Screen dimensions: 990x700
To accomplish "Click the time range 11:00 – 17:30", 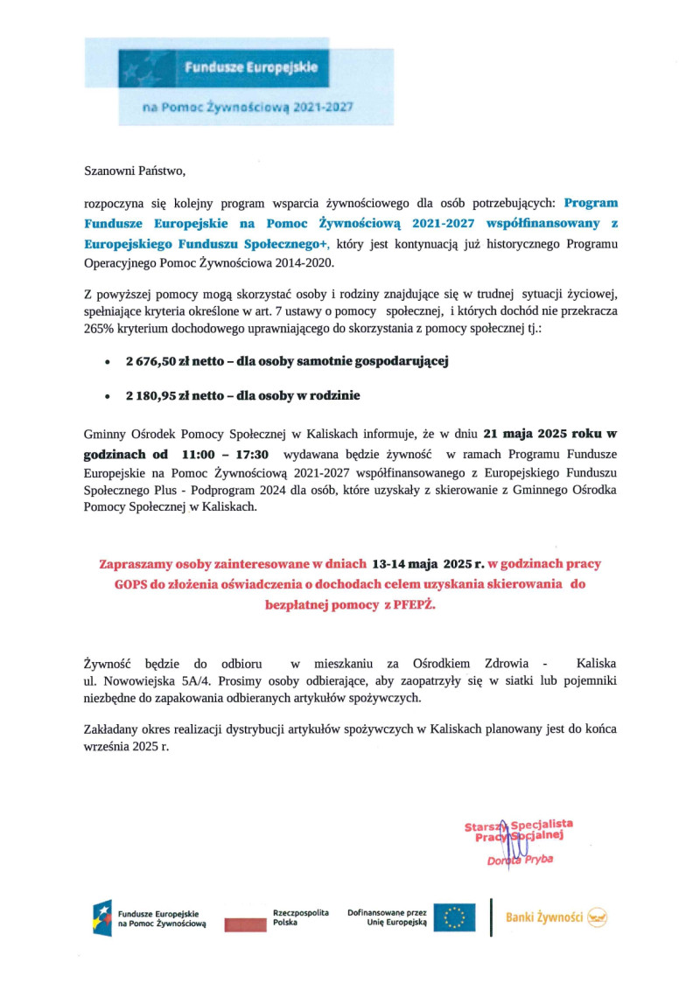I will (226, 455).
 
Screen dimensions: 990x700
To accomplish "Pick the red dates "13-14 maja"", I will (407, 564).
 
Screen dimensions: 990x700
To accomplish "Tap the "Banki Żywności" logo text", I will (544, 917).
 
